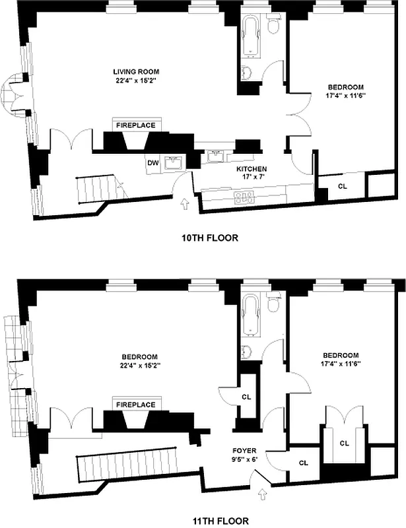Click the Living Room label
(x=135, y=76)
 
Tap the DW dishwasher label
(x=152, y=162)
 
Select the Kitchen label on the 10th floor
(x=252, y=173)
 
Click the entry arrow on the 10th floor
(x=184, y=205)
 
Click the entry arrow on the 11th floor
(x=265, y=492)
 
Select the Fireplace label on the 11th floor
(x=135, y=404)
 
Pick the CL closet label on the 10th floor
(x=342, y=186)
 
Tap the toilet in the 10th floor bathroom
(x=273, y=26)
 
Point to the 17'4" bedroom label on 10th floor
(x=346, y=91)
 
